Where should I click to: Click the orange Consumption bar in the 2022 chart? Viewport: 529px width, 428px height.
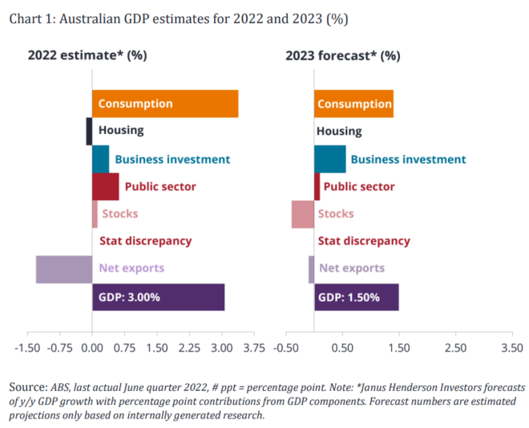tap(164, 104)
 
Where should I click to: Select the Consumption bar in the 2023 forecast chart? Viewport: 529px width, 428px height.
tap(353, 104)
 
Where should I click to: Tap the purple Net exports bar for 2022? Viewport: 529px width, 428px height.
tap(64, 268)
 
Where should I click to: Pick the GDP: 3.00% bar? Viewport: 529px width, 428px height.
tap(158, 297)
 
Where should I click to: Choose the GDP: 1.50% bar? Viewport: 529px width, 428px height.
tap(356, 297)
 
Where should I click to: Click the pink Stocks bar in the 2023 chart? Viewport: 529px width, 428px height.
tap(302, 214)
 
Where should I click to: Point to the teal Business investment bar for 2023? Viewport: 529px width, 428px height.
tap(329, 159)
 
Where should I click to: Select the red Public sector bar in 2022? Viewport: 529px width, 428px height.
tap(105, 187)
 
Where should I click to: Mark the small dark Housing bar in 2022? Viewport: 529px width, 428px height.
tap(89, 131)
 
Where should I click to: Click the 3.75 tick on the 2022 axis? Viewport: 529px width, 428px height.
tap(253, 348)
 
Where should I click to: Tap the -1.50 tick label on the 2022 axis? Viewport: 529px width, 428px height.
tap(28, 348)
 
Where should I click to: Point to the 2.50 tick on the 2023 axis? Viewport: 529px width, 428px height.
tap(455, 348)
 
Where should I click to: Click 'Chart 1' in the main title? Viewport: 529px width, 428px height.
tap(31, 18)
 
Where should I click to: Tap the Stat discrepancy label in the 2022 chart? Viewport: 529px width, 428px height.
tap(145, 241)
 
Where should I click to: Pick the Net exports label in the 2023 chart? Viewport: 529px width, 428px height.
tap(352, 268)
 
